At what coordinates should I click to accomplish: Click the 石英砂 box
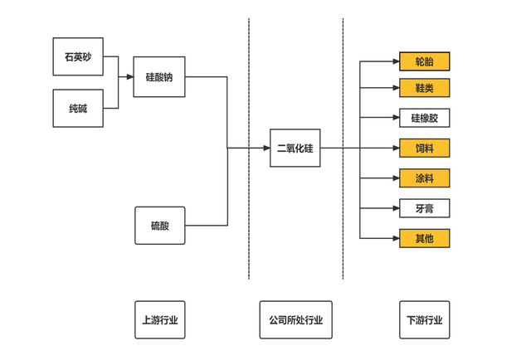click(x=78, y=57)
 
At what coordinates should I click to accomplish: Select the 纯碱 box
click(x=78, y=109)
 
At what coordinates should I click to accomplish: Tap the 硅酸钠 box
click(x=159, y=77)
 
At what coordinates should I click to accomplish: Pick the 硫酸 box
click(x=160, y=225)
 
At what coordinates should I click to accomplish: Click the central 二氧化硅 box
click(x=295, y=148)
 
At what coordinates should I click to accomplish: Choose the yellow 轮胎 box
click(x=424, y=61)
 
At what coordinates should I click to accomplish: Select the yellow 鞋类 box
click(x=424, y=88)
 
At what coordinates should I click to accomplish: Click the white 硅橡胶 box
click(x=424, y=118)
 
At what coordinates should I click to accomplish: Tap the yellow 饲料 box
click(x=424, y=148)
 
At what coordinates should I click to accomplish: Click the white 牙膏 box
click(x=424, y=208)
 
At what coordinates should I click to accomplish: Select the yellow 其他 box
click(x=424, y=238)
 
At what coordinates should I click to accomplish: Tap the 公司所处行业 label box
click(x=295, y=320)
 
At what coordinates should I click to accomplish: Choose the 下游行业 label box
click(x=424, y=320)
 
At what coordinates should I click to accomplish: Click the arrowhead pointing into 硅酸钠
click(x=129, y=77)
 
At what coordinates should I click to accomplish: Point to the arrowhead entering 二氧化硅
click(x=266, y=148)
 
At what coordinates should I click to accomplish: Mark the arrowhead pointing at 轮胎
click(x=395, y=61)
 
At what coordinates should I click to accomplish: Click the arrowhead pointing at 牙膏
click(x=395, y=208)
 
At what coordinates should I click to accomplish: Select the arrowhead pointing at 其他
click(x=395, y=238)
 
